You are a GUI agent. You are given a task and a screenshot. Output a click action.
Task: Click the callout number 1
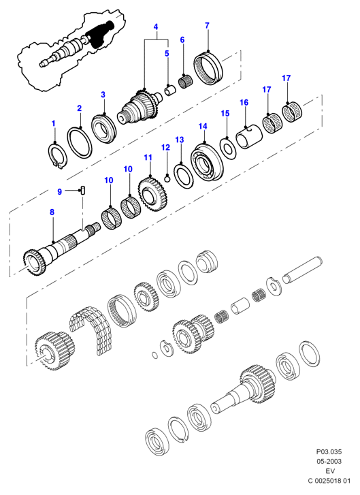53,123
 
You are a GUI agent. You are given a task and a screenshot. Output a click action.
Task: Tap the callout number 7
207,26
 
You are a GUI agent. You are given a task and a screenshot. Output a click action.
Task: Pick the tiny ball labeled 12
167,179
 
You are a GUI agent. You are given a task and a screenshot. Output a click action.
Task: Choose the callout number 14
203,127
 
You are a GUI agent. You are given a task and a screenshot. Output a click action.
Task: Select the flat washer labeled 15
229,148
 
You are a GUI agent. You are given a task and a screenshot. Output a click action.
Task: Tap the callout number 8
52,212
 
